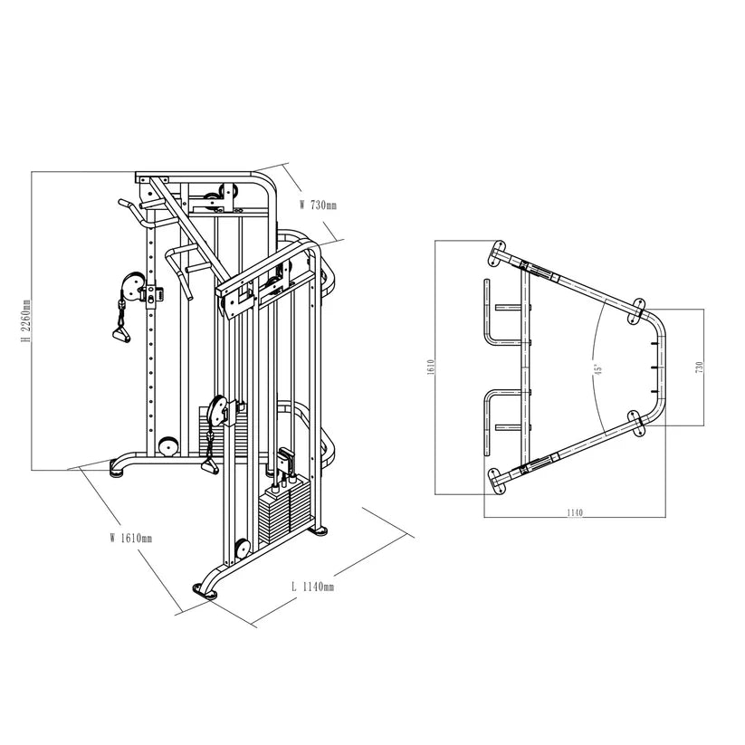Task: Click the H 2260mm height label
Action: tap(27, 321)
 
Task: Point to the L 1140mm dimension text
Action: tap(312, 587)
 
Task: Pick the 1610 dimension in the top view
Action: tap(432, 367)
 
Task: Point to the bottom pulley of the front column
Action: tap(242, 549)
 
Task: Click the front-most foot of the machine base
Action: tap(207, 592)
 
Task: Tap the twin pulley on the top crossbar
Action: tap(220, 193)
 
